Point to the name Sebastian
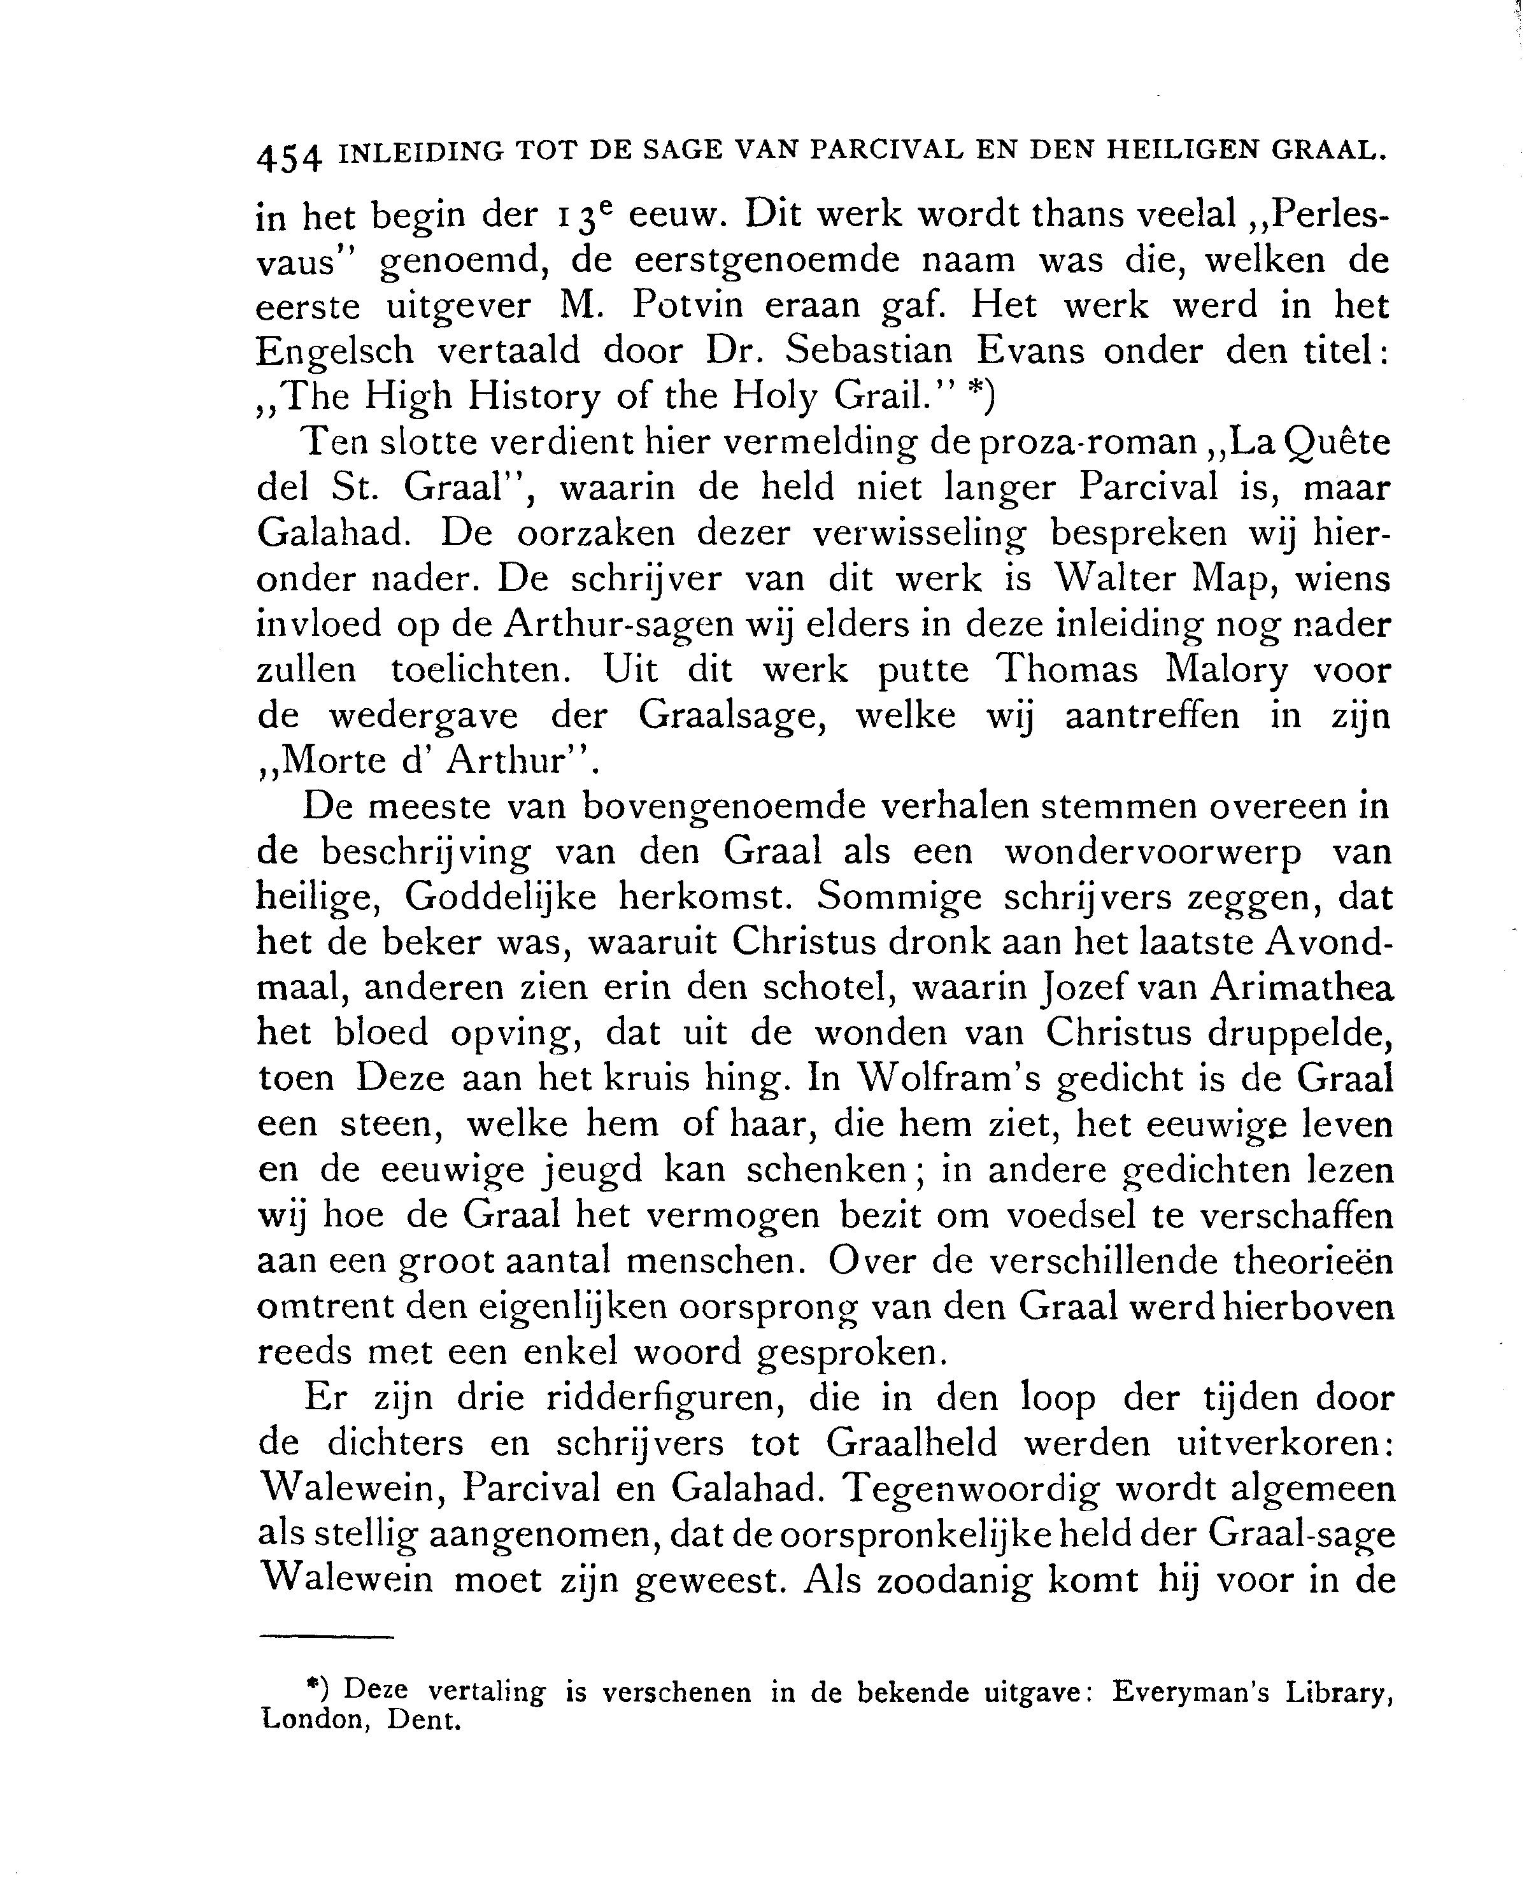pyautogui.click(x=869, y=352)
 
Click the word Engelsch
pyautogui.click(x=334, y=353)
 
